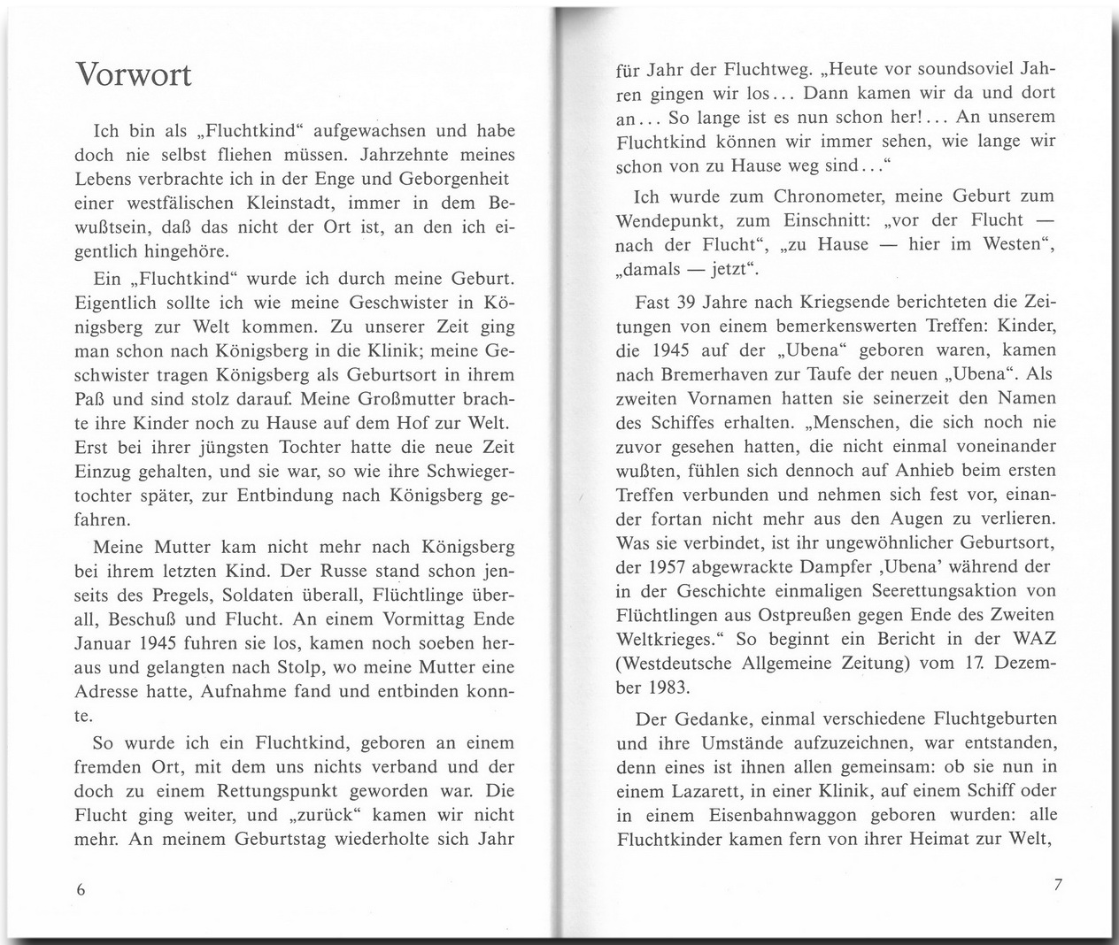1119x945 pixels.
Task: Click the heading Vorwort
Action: pyautogui.click(x=134, y=74)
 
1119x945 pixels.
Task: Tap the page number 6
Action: pyautogui.click(x=81, y=890)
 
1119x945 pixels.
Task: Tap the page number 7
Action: pyautogui.click(x=1057, y=885)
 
